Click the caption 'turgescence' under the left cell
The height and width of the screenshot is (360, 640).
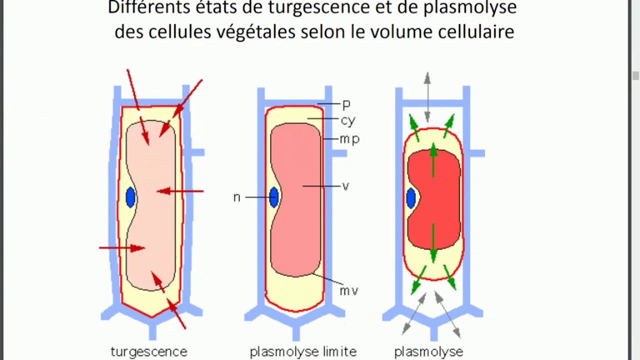[148, 351]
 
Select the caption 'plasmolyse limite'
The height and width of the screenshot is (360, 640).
[303, 351]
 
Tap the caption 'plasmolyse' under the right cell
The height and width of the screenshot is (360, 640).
[428, 351]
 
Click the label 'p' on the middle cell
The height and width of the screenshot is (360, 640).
[346, 105]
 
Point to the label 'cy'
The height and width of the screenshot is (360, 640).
[348, 120]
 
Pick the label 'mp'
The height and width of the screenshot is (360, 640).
[349, 139]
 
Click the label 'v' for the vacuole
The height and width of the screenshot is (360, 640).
[345, 186]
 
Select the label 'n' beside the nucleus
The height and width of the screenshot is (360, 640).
[237, 197]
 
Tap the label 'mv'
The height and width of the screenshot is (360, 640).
[348, 290]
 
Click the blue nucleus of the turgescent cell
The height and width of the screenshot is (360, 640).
[130, 197]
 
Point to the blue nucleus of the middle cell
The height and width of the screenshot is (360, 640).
[274, 197]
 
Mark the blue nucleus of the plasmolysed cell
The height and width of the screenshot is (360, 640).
[411, 198]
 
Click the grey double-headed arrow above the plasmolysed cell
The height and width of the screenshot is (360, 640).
[427, 97]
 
